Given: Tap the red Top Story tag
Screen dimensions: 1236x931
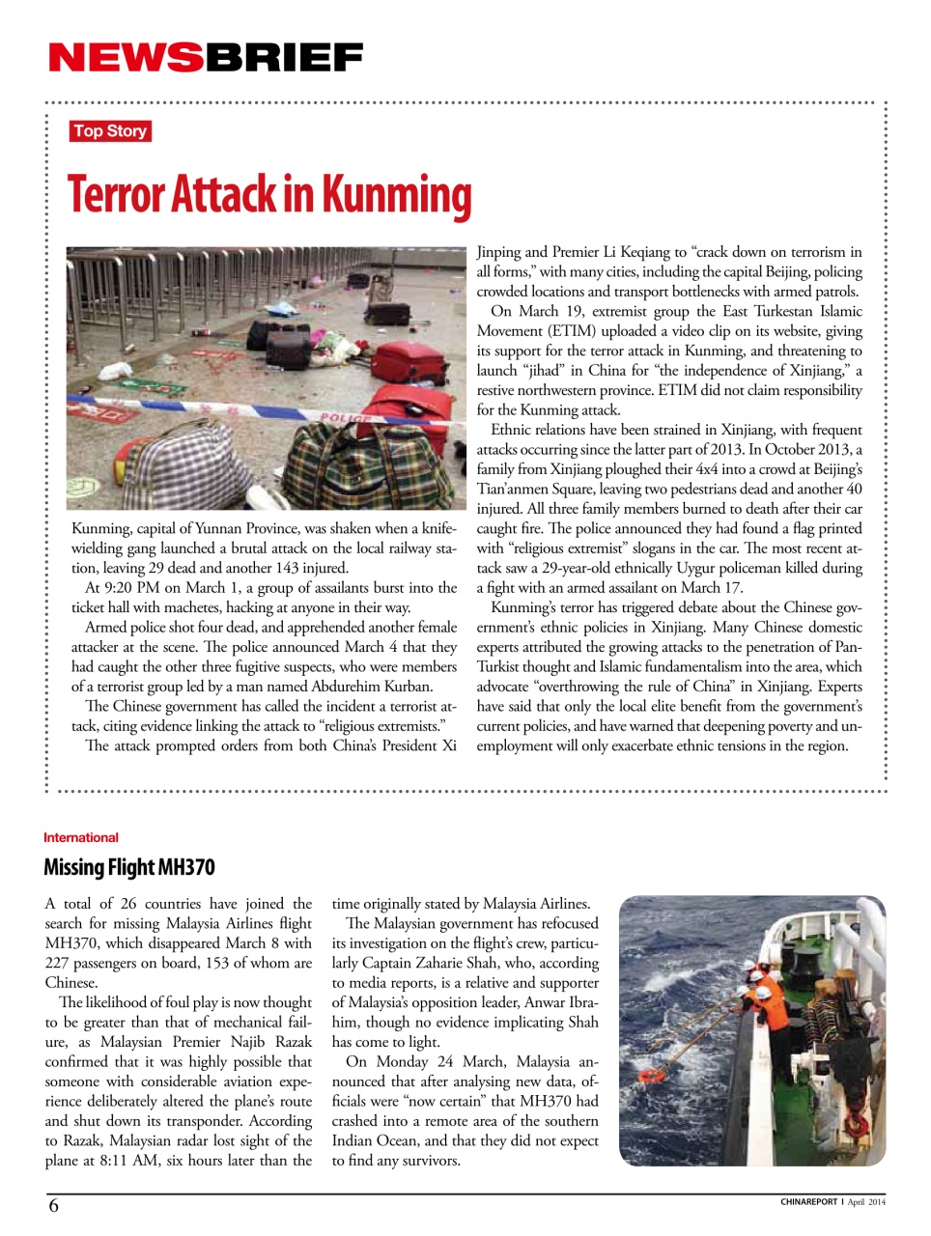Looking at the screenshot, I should [x=110, y=131].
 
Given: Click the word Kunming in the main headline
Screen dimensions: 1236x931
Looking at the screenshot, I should [x=396, y=195].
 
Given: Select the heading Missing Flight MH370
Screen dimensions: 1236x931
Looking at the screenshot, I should [x=129, y=867].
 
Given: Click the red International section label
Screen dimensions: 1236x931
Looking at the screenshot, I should [x=81, y=837].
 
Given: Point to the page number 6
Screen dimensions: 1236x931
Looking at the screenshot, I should [x=54, y=1205].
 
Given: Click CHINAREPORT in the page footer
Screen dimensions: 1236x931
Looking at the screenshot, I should [x=808, y=1202].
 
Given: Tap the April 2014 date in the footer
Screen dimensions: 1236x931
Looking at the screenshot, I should [x=866, y=1202].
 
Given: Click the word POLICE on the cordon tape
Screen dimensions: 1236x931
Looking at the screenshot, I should [x=345, y=418].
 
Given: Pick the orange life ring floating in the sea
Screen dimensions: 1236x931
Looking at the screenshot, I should [x=652, y=1075].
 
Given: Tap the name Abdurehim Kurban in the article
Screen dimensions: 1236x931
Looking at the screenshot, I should [x=375, y=687].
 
